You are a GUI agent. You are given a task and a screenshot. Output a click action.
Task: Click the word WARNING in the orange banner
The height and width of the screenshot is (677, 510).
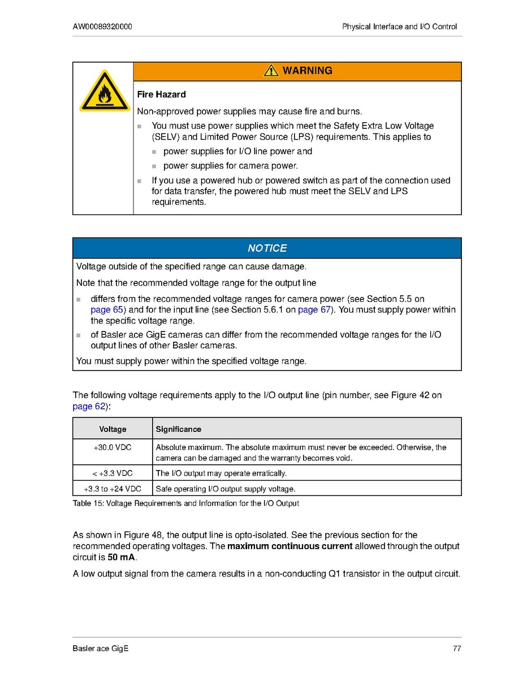pyautogui.click(x=307, y=71)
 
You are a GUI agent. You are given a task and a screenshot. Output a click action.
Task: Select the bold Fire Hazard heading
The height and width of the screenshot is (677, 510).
pyautogui.click(x=161, y=94)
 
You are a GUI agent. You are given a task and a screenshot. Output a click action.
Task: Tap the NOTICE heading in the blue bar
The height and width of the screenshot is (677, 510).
pyautogui.click(x=267, y=248)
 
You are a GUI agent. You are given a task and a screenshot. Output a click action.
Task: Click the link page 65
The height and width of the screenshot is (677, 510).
pyautogui.click(x=107, y=310)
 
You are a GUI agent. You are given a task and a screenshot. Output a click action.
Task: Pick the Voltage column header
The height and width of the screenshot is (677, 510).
pyautogui.click(x=113, y=429)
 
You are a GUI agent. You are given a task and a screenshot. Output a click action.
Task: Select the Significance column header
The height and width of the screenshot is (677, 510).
pyautogui.click(x=179, y=429)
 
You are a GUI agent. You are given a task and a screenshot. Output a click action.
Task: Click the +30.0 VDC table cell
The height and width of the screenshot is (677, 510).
pyautogui.click(x=113, y=447)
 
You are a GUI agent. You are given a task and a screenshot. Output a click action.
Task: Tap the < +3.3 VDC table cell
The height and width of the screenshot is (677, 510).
pyautogui.click(x=113, y=473)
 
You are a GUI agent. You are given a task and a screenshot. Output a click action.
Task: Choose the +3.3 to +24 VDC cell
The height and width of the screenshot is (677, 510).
pyautogui.click(x=113, y=489)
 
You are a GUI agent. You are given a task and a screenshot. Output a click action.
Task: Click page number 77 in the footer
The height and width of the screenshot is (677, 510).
pyautogui.click(x=457, y=648)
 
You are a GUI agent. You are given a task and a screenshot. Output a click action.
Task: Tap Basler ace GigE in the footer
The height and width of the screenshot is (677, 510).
pyautogui.click(x=101, y=648)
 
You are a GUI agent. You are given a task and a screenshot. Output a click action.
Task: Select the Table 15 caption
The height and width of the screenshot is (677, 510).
pyautogui.click(x=185, y=503)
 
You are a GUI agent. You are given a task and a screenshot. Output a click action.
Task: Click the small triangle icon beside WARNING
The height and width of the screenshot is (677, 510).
pyautogui.click(x=271, y=71)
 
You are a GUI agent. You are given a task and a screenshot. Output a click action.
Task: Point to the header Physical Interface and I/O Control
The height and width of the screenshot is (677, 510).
pyautogui.click(x=399, y=27)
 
